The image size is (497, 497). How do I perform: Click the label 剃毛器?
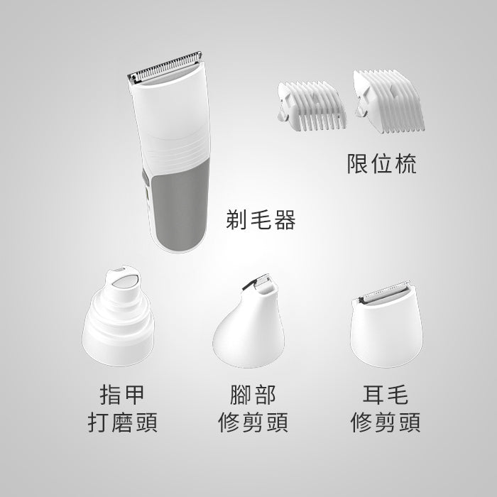tap(261, 220)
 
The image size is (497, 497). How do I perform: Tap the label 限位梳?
tap(382, 163)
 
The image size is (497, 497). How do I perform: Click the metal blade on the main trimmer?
tap(164, 67)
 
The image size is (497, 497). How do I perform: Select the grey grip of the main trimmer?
tap(180, 206)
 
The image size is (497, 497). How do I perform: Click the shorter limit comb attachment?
tap(312, 106)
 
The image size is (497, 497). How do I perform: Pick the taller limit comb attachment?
tap(388, 101)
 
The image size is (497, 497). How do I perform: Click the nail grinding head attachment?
tap(118, 316)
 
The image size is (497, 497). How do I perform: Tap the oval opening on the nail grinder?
tap(125, 281)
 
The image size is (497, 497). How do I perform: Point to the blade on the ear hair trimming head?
tap(384, 291)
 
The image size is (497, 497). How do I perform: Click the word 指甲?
tap(122, 395)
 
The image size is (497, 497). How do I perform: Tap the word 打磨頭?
tap(122, 422)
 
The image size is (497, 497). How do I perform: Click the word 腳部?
tap(253, 395)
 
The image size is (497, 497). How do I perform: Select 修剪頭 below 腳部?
tap(253, 422)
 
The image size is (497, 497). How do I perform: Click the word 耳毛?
tap(385, 395)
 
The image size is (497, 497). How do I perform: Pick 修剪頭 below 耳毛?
tap(385, 422)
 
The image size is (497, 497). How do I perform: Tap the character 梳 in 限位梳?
tap(406, 163)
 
